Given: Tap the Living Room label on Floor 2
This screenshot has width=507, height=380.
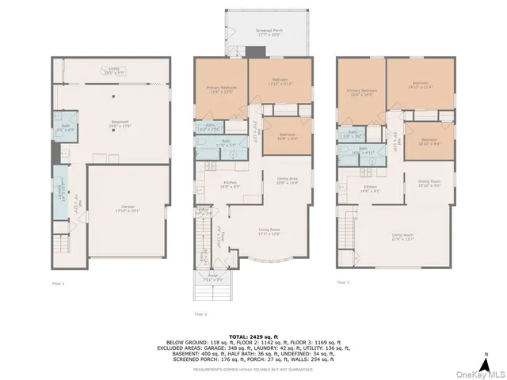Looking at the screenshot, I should pos(271,231).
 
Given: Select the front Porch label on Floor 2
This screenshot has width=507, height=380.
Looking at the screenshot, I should pos(213,279).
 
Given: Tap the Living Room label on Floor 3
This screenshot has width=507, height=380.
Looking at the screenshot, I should pos(403,235).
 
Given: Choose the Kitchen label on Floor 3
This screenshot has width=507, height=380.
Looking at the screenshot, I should pos(371,188).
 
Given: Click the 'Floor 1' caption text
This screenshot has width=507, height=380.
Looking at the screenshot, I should pos(58,283).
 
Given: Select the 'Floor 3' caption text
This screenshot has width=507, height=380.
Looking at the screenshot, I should pos(343,282).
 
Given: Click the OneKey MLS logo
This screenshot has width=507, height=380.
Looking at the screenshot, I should pos(478,374).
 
